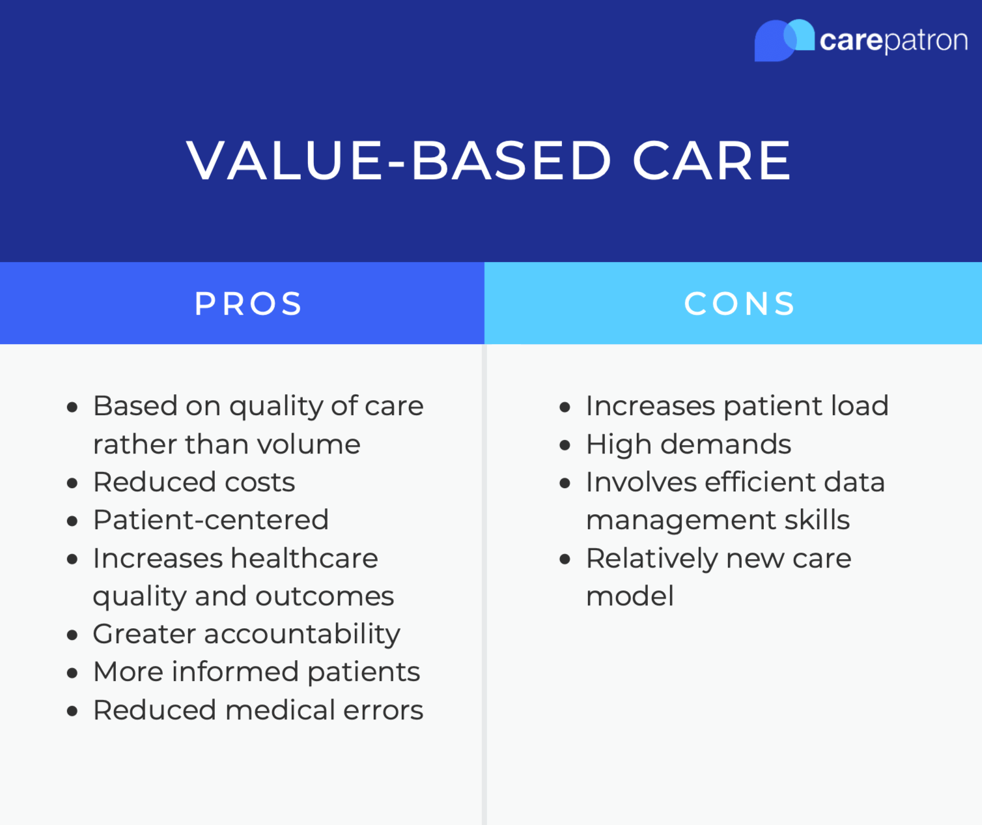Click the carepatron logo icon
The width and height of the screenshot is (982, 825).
tap(783, 40)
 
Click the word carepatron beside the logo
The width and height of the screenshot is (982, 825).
tap(893, 40)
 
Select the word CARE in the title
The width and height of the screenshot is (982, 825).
tap(711, 160)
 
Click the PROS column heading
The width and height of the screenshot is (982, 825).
tap(248, 304)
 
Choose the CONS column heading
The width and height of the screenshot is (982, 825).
tap(740, 304)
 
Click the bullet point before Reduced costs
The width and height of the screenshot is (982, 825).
tap(72, 484)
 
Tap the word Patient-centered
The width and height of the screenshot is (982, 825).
tap(210, 520)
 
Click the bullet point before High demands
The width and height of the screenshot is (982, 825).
tap(565, 446)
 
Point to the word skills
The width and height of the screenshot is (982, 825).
tap(817, 520)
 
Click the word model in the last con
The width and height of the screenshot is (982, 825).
tap(630, 596)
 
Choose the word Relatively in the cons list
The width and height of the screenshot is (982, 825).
tap(651, 558)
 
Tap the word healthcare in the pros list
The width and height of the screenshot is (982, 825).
tap(304, 558)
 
